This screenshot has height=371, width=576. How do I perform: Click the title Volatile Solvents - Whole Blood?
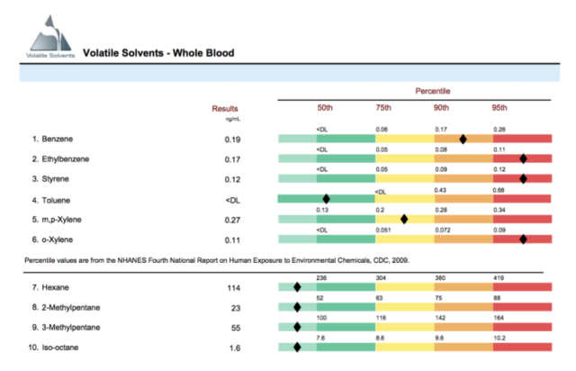[158, 53]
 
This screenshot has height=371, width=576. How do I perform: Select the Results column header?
[226, 108]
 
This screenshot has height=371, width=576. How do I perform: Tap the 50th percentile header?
[325, 108]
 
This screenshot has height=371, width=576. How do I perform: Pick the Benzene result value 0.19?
[233, 140]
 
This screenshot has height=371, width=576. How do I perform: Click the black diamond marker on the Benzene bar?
[463, 139]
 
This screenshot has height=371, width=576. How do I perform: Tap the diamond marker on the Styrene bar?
[523, 178]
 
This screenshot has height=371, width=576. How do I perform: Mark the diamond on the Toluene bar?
[326, 198]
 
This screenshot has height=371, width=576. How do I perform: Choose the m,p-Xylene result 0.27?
[233, 219]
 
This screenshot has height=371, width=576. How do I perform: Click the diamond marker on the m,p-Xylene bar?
[404, 218]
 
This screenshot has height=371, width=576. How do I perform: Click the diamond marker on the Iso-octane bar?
[296, 346]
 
